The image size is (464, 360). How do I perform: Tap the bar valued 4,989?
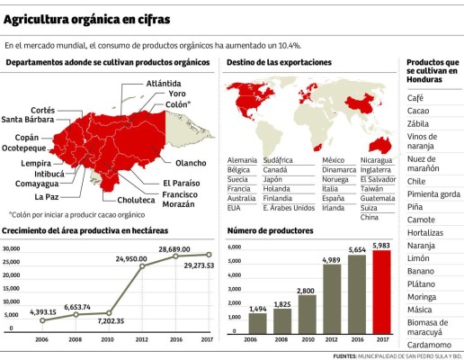(330, 299)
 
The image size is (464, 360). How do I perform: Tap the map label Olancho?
(190, 163)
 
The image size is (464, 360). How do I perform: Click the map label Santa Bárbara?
(26, 119)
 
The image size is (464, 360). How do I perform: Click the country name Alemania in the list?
(242, 159)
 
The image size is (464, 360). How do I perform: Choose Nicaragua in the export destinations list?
(375, 159)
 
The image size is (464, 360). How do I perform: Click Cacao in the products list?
(418, 112)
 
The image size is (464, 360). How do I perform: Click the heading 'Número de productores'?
(269, 231)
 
